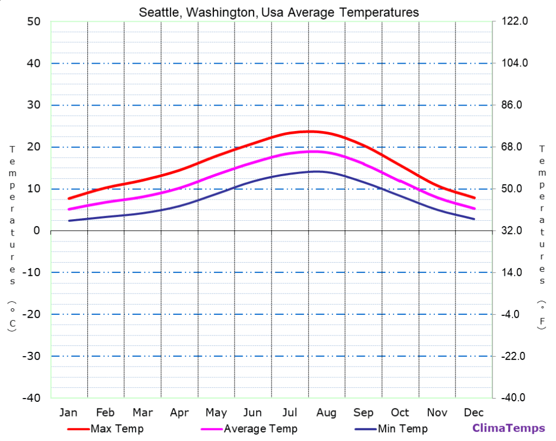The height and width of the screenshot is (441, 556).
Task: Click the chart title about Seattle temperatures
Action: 279,12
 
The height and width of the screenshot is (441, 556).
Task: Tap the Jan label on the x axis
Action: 68,412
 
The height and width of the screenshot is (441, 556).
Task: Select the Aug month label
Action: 327,412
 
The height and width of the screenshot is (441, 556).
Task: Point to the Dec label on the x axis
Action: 474,412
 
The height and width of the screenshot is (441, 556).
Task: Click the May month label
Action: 216,412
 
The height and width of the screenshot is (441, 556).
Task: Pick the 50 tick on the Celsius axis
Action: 34,22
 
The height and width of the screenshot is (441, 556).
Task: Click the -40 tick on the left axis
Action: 31,398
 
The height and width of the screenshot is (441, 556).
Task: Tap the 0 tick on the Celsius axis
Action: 37,231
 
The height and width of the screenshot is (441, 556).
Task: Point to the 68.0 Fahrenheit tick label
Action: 511,147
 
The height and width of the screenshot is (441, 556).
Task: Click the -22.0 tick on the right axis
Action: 511,356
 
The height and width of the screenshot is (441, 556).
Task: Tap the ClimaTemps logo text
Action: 508,428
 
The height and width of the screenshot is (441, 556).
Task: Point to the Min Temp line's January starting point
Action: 69,220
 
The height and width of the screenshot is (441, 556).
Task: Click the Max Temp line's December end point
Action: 475,197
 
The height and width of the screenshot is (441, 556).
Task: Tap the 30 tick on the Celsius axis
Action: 34,105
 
